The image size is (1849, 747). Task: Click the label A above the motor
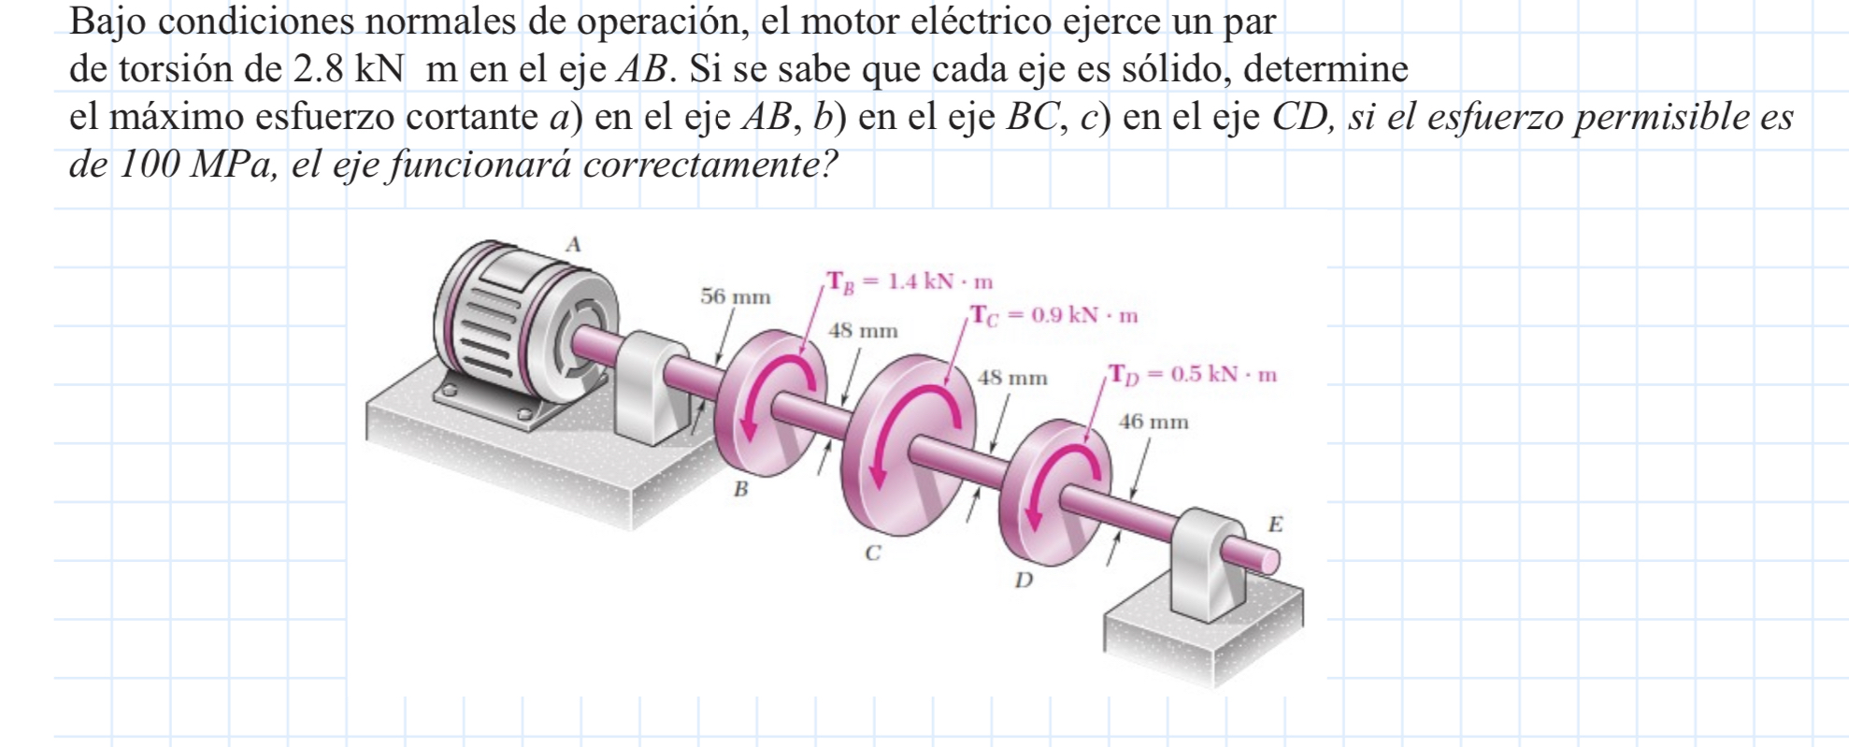click(x=574, y=245)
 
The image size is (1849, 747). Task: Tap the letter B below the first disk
click(x=740, y=489)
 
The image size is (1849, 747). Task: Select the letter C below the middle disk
click(x=872, y=553)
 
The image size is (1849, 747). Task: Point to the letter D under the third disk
click(x=1025, y=581)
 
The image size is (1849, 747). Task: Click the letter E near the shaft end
click(x=1275, y=524)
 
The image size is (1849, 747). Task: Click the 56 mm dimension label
click(x=736, y=297)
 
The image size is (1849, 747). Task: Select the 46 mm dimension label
click(x=1154, y=423)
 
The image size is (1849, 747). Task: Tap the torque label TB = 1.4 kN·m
click(x=909, y=282)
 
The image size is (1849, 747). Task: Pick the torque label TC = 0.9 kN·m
click(x=1053, y=316)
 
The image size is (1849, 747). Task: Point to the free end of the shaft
click(x=1269, y=561)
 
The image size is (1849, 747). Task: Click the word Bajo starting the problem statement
click(x=107, y=22)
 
